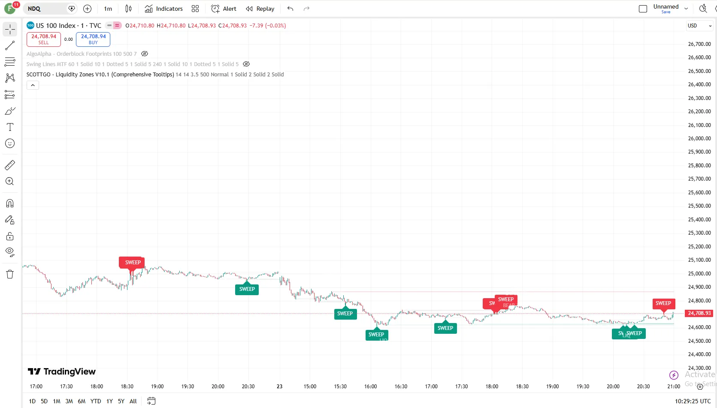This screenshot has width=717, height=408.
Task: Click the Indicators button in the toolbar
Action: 164,9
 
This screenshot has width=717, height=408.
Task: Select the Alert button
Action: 224,9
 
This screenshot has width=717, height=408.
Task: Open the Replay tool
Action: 260,9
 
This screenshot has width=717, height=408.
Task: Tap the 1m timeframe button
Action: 108,9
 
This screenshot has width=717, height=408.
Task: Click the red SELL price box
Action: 44,39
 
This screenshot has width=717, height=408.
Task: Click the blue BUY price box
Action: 93,39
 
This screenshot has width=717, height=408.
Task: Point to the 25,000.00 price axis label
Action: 699,273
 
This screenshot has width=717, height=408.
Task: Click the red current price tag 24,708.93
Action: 699,313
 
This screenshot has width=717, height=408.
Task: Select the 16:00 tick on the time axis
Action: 370,386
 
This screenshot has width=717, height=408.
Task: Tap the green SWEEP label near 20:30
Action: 247,289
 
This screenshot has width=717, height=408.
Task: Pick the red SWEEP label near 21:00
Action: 663,303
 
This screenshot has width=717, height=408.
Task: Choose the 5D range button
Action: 44,401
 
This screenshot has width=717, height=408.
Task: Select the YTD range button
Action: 96,401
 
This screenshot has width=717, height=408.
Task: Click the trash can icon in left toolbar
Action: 10,274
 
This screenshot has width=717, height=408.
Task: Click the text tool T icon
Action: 10,127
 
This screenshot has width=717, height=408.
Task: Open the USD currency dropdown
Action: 699,26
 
